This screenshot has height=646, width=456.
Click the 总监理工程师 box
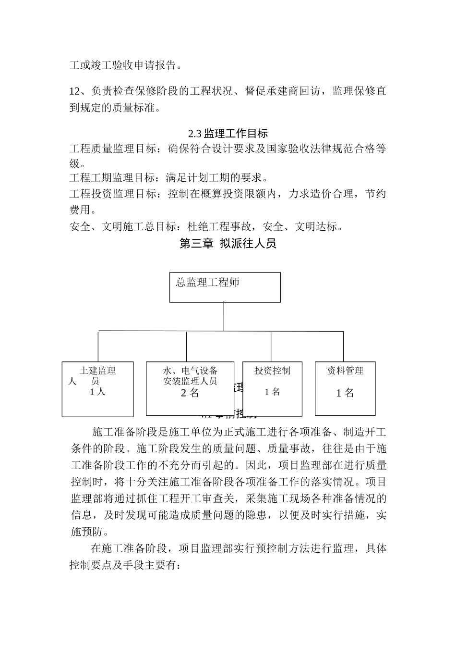click(225, 287)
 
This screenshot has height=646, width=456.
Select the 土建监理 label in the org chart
click(98, 371)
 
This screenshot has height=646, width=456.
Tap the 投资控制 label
click(272, 370)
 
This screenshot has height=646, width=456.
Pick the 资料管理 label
click(345, 370)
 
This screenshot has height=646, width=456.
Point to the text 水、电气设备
click(190, 371)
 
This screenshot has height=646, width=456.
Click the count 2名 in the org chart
click(190, 393)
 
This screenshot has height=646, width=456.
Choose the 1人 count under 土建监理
click(97, 391)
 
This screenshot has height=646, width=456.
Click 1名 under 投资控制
click(272, 392)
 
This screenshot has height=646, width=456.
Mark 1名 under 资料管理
click(345, 393)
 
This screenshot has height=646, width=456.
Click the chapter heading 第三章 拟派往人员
click(228, 243)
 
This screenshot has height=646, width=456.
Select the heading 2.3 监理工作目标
click(228, 133)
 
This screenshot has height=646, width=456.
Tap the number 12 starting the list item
click(75, 91)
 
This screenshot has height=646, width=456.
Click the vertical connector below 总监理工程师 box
click(224, 316)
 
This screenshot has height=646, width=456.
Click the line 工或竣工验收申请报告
click(126, 65)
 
